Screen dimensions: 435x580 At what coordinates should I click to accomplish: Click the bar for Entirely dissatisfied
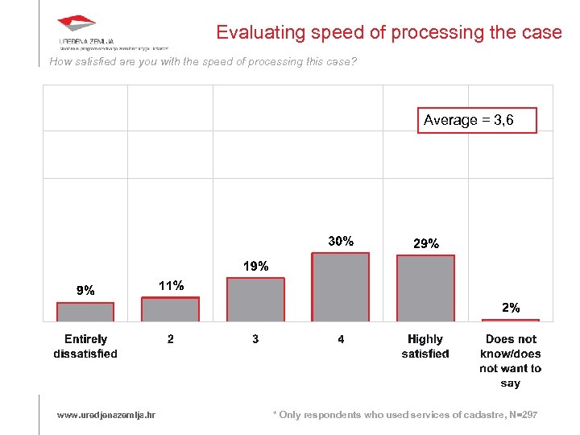(x=85, y=312)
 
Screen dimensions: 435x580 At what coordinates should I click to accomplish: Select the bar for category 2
(x=170, y=309)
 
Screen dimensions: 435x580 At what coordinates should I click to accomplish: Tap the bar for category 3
(x=255, y=300)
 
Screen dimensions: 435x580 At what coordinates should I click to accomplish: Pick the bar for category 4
(x=341, y=288)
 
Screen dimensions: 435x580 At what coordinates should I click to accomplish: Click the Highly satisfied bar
(x=426, y=288)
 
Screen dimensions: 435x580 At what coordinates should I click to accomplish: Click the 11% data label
(x=171, y=285)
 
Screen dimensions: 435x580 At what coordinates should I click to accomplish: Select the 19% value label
(x=256, y=266)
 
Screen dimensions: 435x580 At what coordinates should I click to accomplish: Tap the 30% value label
(x=341, y=241)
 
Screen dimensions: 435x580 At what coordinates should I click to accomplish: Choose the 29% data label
(x=426, y=243)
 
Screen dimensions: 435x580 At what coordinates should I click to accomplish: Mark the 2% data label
(x=511, y=308)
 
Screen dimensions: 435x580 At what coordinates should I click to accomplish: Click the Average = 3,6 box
(x=477, y=120)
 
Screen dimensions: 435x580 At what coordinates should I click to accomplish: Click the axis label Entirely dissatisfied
(x=85, y=346)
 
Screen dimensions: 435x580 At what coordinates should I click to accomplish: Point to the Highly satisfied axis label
(x=425, y=346)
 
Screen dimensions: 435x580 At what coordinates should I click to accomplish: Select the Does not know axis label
(x=511, y=361)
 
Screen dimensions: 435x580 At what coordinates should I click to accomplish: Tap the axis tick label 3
(x=255, y=339)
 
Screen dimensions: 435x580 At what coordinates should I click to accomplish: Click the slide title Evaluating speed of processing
(x=388, y=33)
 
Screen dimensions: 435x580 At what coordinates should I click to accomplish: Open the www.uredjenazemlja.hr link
(x=106, y=415)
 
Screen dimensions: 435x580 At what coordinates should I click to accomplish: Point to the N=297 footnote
(x=405, y=415)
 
